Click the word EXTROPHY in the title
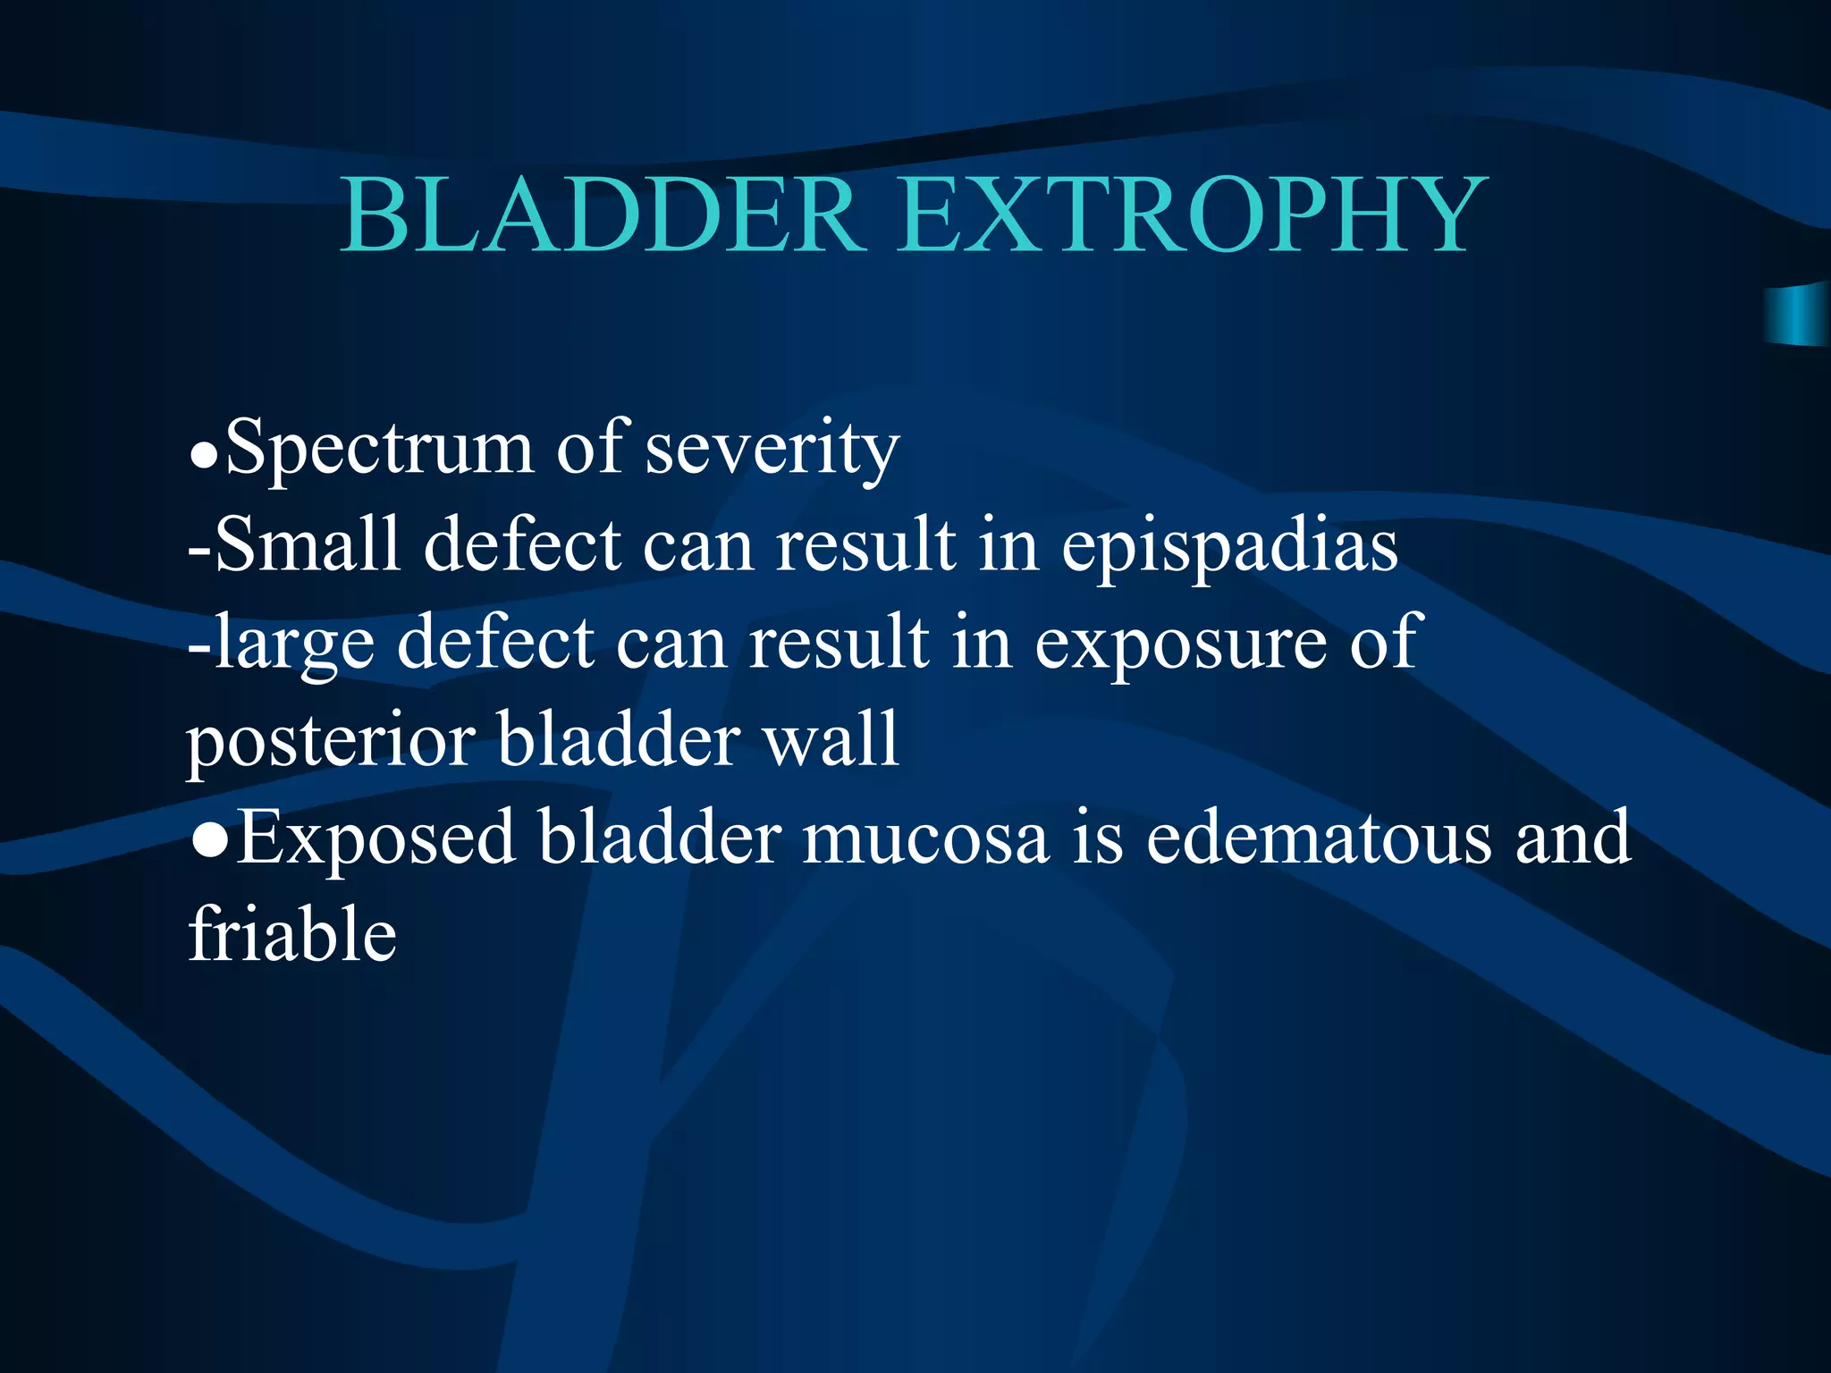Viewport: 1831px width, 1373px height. pos(1194,216)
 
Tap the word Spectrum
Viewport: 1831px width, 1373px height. pos(379,449)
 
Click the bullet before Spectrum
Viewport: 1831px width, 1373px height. pos(205,459)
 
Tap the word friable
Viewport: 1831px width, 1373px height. pos(292,935)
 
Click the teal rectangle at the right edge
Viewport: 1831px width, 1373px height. pos(1797,315)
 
